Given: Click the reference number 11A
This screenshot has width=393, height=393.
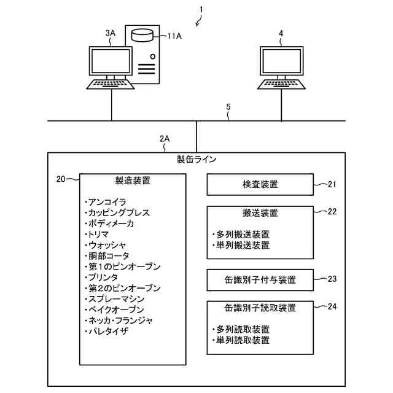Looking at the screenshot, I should point(174,36).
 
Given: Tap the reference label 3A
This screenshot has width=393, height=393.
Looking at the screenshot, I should point(110,33).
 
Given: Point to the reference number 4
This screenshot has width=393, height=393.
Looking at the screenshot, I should point(281,33).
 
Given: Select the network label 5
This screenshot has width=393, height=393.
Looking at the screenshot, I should point(228,106).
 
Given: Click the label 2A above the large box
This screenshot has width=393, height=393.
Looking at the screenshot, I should point(165,139).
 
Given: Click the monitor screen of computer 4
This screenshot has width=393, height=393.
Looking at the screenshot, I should point(282,62).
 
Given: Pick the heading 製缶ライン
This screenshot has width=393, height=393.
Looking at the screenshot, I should point(196,160).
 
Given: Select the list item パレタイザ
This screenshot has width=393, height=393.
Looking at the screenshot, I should point(111,331).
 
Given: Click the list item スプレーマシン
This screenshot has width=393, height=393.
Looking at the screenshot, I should point(117,298).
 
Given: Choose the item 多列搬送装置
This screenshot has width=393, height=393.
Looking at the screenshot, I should point(243,234).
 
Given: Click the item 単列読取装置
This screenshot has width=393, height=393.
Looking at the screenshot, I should point(243,340).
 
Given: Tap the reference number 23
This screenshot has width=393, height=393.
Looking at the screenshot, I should point(332,278).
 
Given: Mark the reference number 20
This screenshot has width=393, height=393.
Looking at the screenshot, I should point(61,179).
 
